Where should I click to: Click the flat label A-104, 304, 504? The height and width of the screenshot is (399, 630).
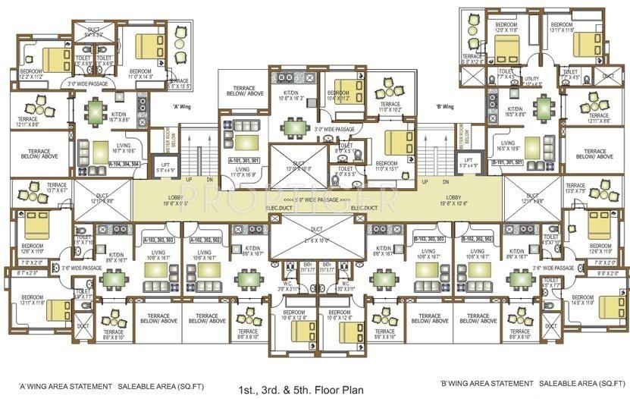[125, 164]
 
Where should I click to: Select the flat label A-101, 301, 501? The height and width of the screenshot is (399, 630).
[241, 182]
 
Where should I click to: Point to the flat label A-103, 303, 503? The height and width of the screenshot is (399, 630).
[158, 240]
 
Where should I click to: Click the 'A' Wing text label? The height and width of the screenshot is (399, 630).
[181, 107]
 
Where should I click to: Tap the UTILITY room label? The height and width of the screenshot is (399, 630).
[531, 80]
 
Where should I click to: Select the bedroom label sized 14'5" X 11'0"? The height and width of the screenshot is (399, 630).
[587, 301]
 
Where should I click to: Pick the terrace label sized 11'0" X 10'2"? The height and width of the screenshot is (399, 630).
[390, 107]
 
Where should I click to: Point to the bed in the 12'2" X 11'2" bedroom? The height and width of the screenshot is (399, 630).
[55, 58]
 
